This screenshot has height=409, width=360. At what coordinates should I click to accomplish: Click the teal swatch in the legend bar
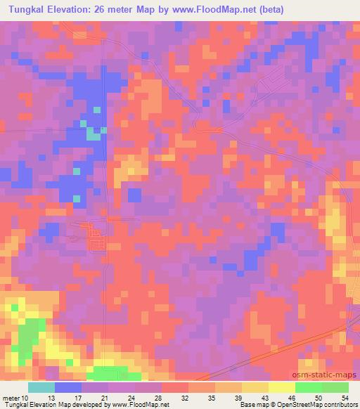point(41,387)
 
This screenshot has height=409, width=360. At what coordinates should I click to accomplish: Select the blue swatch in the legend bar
point(67,387)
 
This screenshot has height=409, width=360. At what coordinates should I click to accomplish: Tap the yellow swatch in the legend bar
point(281,387)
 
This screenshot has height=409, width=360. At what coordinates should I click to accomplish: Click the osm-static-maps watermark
point(325,375)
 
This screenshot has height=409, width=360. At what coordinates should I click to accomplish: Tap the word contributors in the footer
point(339,405)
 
